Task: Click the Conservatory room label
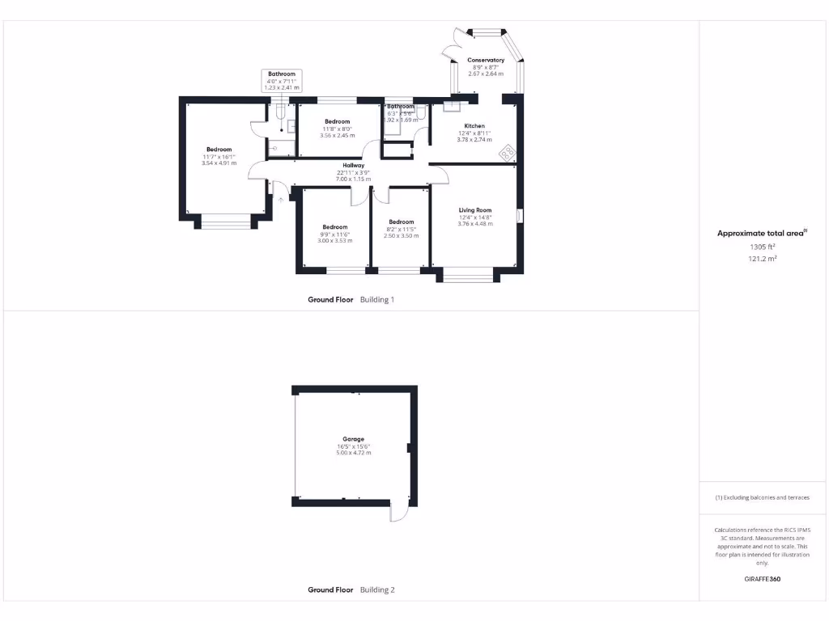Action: tap(486, 60)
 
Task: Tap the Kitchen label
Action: tap(474, 126)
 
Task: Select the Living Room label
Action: tap(475, 210)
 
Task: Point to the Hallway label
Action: tap(354, 165)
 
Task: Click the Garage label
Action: tap(353, 439)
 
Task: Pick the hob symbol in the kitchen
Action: tap(508, 151)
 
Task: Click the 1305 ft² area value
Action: tap(762, 247)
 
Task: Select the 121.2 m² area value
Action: tap(762, 259)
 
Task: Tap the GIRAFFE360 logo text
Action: tap(762, 579)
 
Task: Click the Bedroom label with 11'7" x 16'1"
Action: tap(219, 150)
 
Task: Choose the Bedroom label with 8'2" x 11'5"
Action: tap(401, 222)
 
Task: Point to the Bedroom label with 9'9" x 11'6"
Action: tap(334, 226)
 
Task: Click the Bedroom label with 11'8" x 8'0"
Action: tap(337, 121)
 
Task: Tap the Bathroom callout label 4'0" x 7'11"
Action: tap(282, 74)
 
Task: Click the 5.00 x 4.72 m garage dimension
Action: tap(353, 453)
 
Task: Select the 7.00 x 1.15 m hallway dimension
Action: tap(354, 179)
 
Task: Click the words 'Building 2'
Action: tap(377, 590)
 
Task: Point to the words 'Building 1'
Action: tap(377, 299)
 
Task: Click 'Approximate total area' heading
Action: tap(761, 233)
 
